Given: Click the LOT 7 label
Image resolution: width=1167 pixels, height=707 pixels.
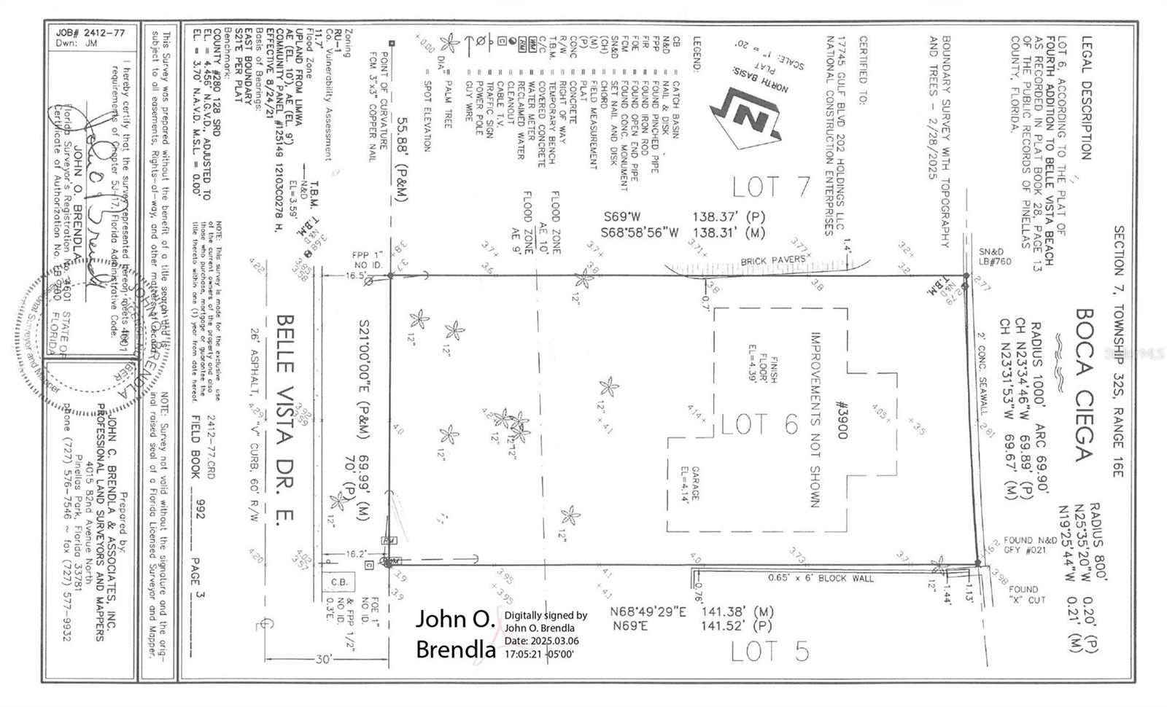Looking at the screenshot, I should [771, 187].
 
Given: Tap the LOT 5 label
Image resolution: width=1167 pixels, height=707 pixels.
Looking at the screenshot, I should [769, 651].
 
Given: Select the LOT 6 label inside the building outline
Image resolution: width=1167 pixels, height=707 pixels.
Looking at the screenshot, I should [759, 423].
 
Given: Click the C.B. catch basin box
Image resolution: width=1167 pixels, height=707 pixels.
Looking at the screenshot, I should [340, 582].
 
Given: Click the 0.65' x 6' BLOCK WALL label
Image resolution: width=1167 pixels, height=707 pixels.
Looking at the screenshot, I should [821, 578].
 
